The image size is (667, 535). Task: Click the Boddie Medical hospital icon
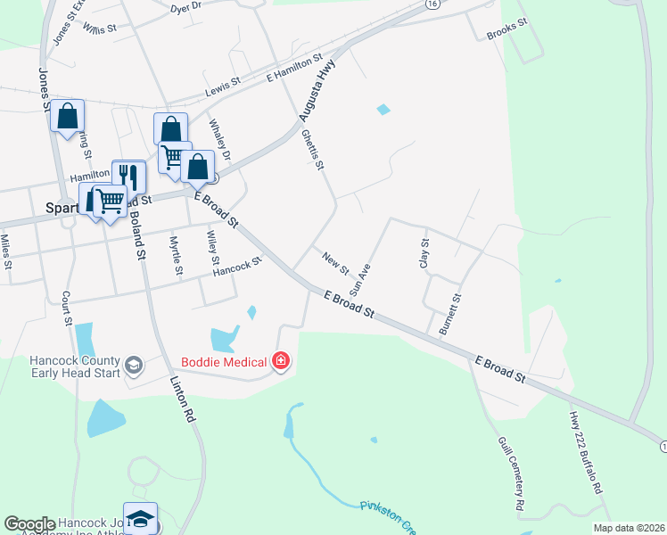point(282,361)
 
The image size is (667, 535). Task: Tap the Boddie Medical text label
point(225,362)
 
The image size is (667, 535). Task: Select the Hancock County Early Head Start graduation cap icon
point(134,365)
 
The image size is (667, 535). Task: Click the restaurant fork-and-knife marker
point(128,175)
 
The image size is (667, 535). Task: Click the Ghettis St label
point(312,150)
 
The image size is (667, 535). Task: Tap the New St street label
point(335,263)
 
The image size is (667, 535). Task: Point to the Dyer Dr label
point(185,7)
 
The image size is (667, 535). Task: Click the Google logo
point(29,524)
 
